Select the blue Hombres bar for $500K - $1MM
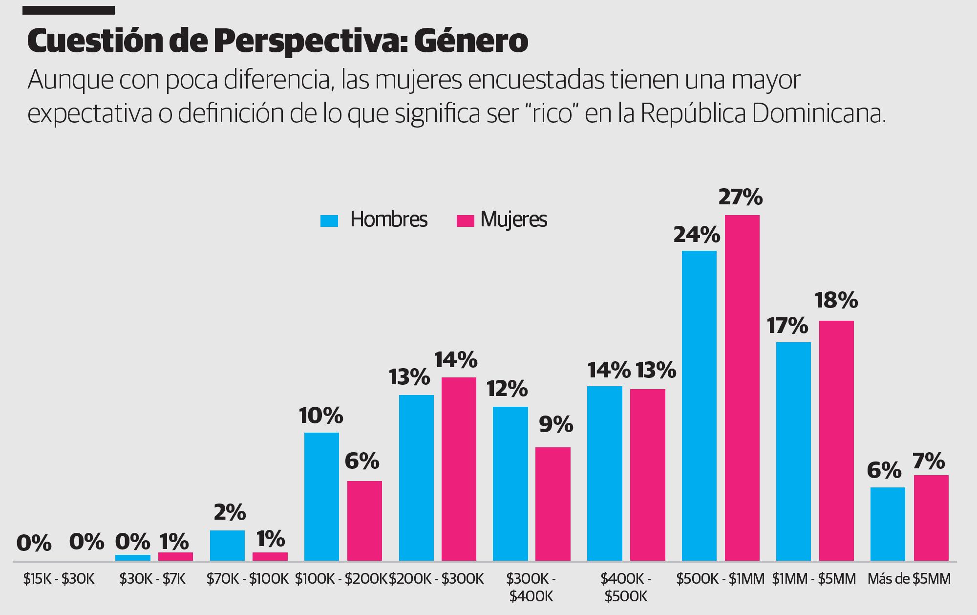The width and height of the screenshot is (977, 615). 699,406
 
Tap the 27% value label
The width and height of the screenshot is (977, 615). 740,197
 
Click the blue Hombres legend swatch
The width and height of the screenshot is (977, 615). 329,220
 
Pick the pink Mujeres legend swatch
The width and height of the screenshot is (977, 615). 465,220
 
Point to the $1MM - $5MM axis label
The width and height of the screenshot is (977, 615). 814,579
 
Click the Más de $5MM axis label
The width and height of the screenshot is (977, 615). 909,579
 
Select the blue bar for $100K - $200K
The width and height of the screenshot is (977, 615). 321,496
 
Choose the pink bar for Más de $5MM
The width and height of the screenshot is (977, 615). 931,518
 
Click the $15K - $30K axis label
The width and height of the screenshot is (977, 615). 58,579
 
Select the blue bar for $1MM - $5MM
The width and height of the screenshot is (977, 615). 793,451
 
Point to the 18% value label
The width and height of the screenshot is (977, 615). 836,300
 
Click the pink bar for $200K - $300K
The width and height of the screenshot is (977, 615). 459,469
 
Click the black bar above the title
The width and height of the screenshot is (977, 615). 69,10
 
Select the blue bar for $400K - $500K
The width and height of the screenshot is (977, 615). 605,473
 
